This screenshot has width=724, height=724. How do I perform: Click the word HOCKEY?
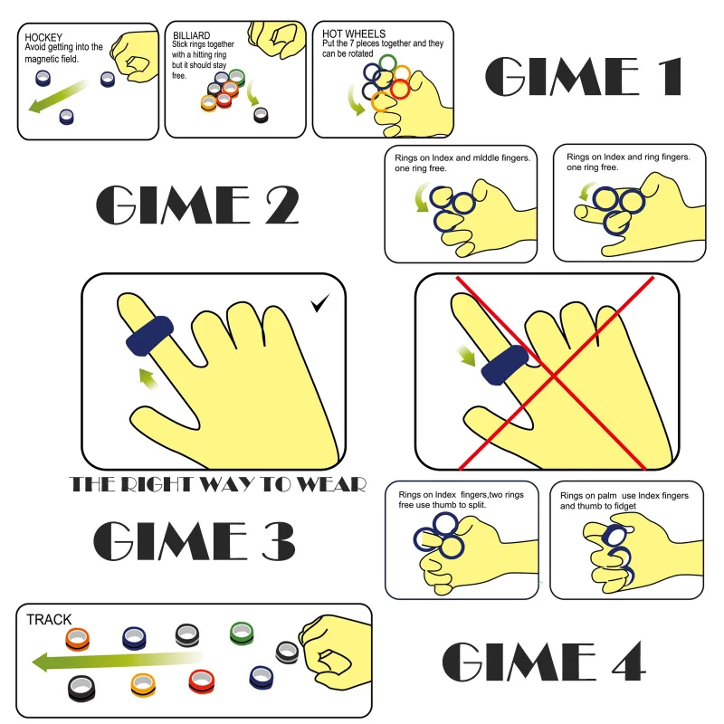click(43, 37)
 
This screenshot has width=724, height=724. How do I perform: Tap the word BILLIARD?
click(191, 36)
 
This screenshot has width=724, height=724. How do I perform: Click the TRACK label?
click(49, 620)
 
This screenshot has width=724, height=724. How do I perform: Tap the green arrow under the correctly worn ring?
click(148, 377)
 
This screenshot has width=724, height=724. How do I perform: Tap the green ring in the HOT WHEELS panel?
click(387, 64)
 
